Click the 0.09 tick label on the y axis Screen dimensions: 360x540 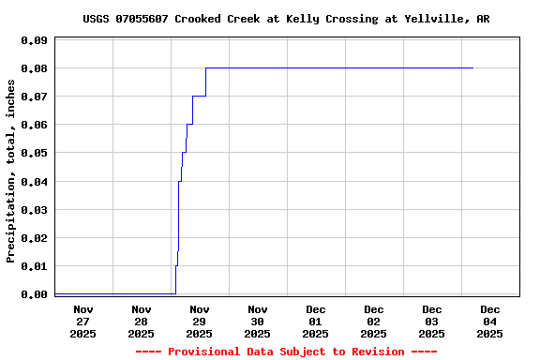point(34,40)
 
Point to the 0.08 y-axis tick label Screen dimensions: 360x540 point(34,68)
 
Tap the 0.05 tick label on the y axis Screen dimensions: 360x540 point(34,153)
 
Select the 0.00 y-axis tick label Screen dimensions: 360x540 point(34,294)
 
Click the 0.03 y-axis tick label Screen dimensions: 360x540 point(34,209)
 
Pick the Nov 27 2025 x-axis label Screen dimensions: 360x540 point(83,322)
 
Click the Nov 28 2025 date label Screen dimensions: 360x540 point(142,322)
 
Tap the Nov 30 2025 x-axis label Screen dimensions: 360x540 point(258,322)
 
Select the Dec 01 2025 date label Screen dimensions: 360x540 point(316,322)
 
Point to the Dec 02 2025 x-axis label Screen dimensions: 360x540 point(374,322)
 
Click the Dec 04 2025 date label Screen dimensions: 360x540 point(490,322)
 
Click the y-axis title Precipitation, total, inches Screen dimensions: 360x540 point(11,170)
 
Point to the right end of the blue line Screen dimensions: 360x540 point(473,67)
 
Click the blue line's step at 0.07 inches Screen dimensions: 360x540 point(199,96)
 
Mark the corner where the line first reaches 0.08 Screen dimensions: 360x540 point(206,67)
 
